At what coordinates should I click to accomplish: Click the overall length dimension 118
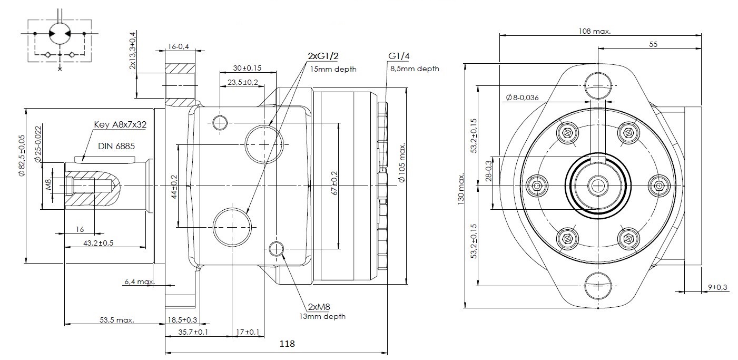tap(287, 344)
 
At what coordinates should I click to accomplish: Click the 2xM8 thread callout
tap(319, 307)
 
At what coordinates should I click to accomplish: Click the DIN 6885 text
tap(116, 144)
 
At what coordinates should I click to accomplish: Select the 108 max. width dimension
tap(594, 31)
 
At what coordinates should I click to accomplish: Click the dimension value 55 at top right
tap(653, 44)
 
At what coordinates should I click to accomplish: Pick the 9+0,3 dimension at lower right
tap(717, 287)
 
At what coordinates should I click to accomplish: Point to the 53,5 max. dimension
tap(117, 320)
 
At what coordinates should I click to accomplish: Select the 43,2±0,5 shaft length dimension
tap(99, 243)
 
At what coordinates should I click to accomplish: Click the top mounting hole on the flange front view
tap(598, 86)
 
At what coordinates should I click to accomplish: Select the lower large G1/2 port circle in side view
tap(232, 227)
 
